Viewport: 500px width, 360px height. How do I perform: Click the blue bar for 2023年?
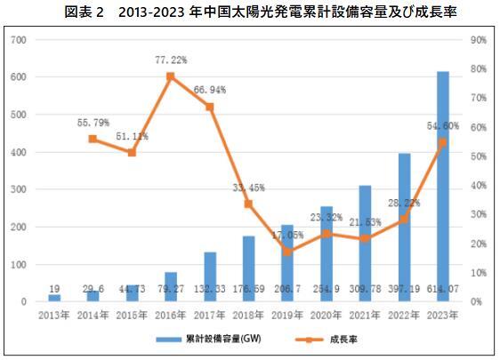(442, 187)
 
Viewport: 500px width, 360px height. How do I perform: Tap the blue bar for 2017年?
(210, 276)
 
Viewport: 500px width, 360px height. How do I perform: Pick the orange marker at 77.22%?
(170, 76)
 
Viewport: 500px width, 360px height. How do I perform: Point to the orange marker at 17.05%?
(287, 252)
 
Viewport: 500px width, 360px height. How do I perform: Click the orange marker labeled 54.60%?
(442, 142)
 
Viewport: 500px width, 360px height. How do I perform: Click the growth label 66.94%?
(210, 91)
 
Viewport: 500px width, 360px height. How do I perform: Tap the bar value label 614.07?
(442, 290)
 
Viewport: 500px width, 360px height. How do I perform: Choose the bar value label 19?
(54, 290)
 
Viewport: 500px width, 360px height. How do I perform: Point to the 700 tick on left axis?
(20, 40)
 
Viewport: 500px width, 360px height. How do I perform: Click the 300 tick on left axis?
(20, 189)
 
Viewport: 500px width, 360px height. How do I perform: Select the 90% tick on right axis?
(477, 40)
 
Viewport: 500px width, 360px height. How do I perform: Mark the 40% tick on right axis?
(477, 185)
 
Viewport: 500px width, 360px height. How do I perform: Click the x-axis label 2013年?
(54, 315)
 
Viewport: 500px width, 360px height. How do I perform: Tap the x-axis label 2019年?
(287, 315)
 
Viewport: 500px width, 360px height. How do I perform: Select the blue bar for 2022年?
(404, 228)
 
